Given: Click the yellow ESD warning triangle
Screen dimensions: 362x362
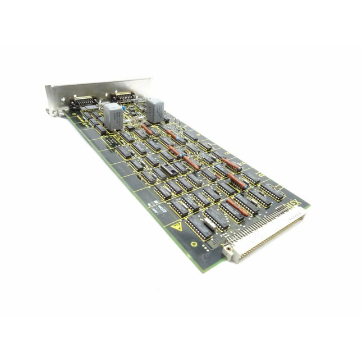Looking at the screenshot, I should click(177, 227).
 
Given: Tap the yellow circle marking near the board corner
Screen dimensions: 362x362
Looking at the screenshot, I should click(194, 244).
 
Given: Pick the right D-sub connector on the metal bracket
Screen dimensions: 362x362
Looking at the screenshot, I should click(123, 97).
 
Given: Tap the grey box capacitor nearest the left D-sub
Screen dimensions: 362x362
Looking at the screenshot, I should click(113, 116).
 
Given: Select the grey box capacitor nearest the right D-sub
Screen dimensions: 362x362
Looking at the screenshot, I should click(155, 109).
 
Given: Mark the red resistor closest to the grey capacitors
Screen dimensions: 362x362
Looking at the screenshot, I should click(147, 130).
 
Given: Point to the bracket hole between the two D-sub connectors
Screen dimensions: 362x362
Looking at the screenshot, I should click(103, 97).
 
